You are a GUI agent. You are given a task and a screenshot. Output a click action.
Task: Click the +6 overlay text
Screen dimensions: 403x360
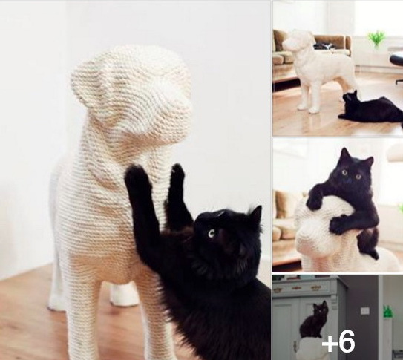(x=338, y=342)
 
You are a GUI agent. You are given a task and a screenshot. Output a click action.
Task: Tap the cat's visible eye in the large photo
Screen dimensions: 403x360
(x=212, y=233)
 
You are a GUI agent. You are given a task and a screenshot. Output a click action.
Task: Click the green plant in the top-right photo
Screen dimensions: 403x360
(x=376, y=38)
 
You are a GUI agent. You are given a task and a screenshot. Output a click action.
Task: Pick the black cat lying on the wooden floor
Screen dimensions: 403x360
(x=371, y=108)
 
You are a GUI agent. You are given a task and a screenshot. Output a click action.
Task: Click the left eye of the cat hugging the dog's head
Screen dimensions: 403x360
(x=344, y=172)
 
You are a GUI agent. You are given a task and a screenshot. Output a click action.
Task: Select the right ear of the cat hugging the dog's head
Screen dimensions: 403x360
(x=369, y=163)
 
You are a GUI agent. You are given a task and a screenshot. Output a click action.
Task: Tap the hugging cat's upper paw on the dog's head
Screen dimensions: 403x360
(x=315, y=201)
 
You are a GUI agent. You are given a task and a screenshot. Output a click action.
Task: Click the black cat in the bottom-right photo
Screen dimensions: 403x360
(x=314, y=321)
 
